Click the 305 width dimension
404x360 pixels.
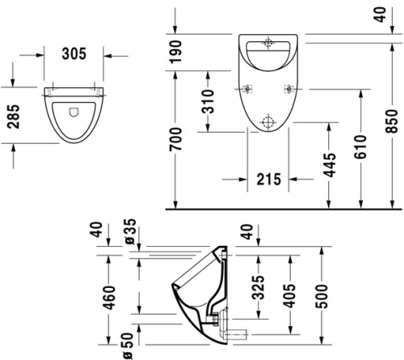75,55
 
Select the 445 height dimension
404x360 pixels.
329,166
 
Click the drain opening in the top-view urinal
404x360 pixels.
74,112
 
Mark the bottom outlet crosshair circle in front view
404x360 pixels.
267,122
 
